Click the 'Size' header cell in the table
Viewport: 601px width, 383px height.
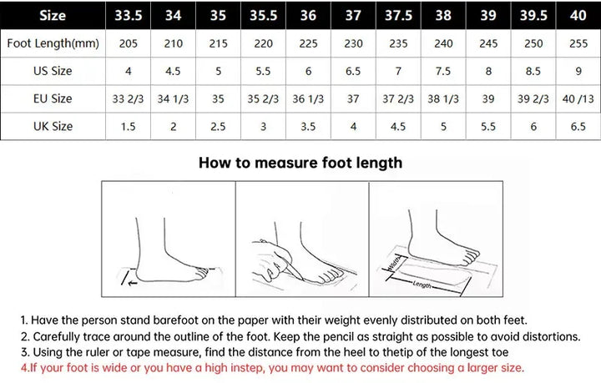(x=53, y=15)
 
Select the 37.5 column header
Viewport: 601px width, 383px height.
(x=400, y=15)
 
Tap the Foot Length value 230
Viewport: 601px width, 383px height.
(x=353, y=43)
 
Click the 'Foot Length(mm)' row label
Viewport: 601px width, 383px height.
(x=51, y=43)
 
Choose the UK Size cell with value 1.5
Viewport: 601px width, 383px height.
(x=128, y=126)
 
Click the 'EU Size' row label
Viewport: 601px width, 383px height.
(x=51, y=98)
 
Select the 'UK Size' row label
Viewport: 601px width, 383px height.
(x=51, y=126)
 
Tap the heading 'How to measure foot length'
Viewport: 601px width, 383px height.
(x=300, y=163)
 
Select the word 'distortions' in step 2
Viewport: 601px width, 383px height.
(x=548, y=336)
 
